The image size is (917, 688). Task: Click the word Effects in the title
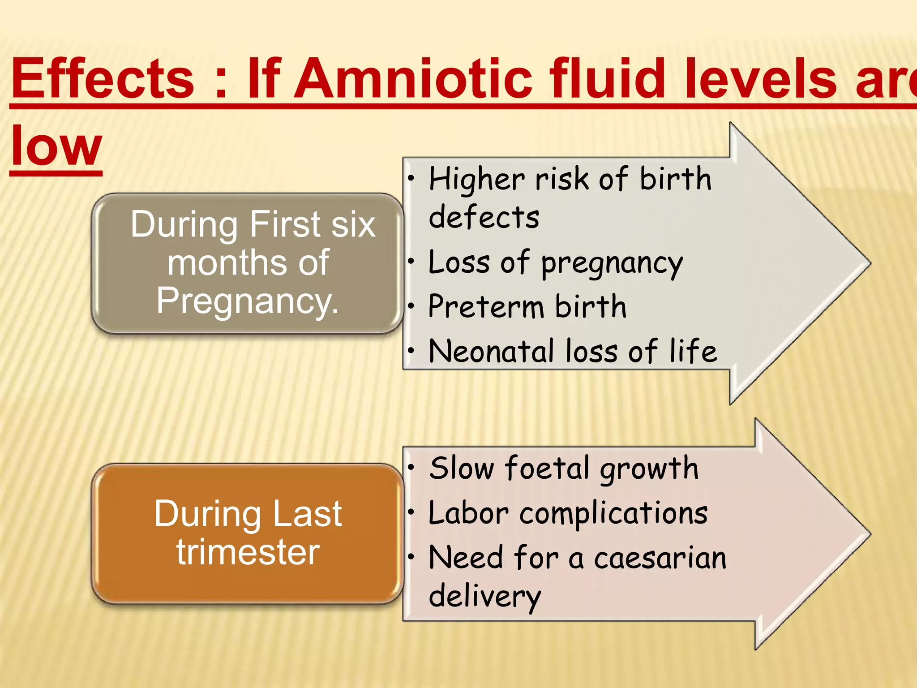pyautogui.click(x=103, y=79)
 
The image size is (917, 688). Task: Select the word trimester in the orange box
pyautogui.click(x=248, y=552)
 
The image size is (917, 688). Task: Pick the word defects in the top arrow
pyautogui.click(x=484, y=217)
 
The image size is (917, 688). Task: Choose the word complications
pyautogui.click(x=613, y=513)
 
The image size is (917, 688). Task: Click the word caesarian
pyautogui.click(x=660, y=558)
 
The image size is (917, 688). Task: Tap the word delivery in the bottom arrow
pyautogui.click(x=485, y=597)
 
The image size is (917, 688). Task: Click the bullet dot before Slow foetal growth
pyautogui.click(x=411, y=468)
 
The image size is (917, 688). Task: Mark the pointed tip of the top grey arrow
pyautogui.click(x=870, y=264)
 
